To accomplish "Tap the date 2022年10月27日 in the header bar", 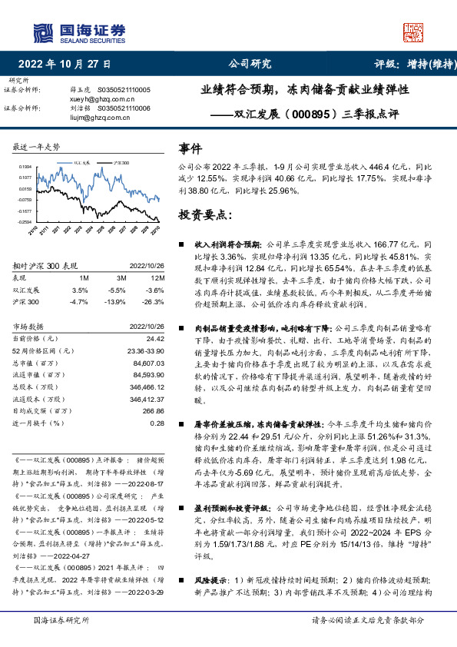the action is pyautogui.click(x=64, y=64).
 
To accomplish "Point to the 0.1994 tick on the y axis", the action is pyautogui.click(x=25, y=166).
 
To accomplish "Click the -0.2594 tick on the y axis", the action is pyautogui.click(x=25, y=222).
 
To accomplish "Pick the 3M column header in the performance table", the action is pyautogui.click(x=121, y=277).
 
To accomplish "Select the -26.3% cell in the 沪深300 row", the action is pyautogui.click(x=154, y=303).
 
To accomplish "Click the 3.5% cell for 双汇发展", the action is pyautogui.click(x=79, y=290).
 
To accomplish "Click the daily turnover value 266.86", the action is pyautogui.click(x=153, y=411).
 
